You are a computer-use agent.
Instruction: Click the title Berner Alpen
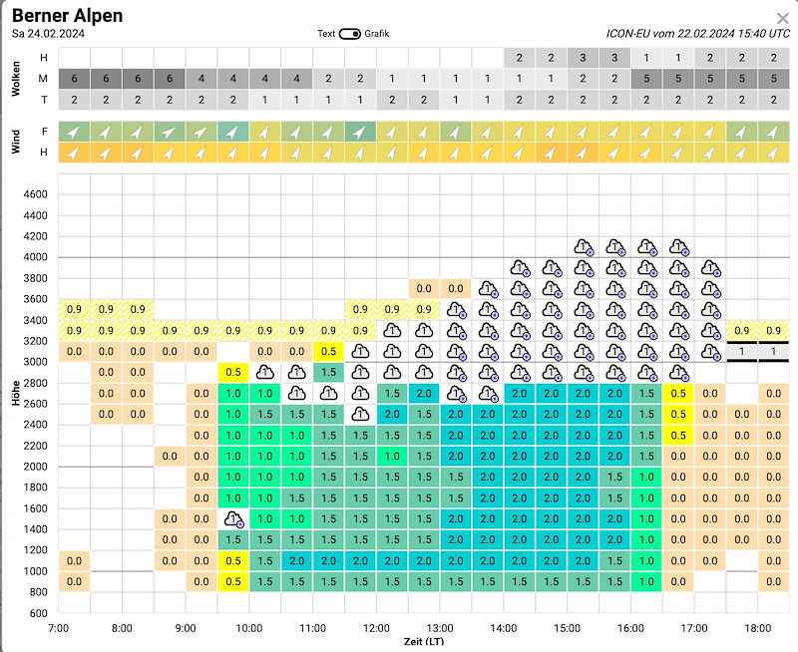(68, 15)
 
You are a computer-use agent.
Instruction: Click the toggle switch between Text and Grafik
(349, 34)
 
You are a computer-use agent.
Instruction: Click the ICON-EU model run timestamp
(696, 33)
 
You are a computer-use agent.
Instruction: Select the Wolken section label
(15, 79)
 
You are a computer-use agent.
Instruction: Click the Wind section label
(15, 142)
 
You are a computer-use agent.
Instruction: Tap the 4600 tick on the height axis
(35, 194)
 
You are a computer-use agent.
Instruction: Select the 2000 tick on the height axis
(35, 467)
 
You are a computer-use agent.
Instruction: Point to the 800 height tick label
(38, 592)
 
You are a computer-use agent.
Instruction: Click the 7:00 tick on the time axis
(58, 628)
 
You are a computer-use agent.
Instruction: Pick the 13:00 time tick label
(440, 628)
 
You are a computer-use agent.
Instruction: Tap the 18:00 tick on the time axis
(758, 628)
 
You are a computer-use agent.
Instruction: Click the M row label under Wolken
(43, 79)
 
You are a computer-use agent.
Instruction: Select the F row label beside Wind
(43, 132)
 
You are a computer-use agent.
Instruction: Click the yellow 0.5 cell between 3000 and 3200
(329, 351)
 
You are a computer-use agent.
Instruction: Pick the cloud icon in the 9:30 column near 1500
(233, 518)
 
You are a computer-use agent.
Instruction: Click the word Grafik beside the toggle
(377, 34)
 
